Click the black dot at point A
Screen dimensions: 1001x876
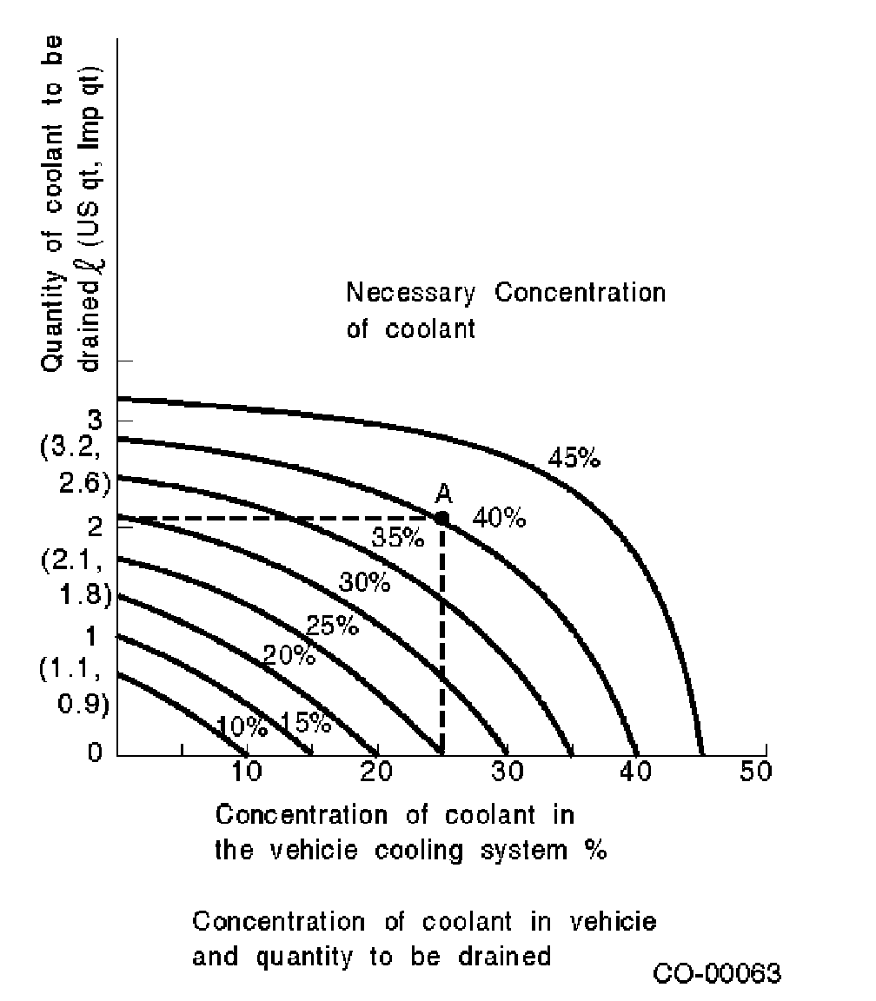coord(442,518)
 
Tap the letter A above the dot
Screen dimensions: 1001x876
coord(443,494)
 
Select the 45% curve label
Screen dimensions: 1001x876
coord(574,457)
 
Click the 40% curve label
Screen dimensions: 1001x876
coord(499,519)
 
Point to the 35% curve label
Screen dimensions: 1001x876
coord(398,538)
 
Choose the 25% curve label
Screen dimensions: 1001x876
coord(333,625)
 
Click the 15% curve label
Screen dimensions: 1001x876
coord(305,721)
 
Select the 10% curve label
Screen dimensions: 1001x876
coord(242,726)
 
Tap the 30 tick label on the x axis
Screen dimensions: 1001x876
coord(507,772)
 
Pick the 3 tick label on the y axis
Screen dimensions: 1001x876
coord(96,421)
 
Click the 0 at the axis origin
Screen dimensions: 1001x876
coord(95,752)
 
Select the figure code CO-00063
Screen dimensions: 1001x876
coord(717,974)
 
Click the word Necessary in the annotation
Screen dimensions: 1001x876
coord(410,293)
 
